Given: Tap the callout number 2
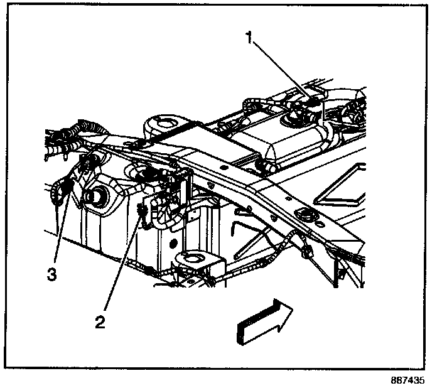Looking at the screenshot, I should point(100,322).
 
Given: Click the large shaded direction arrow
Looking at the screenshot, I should point(264,321).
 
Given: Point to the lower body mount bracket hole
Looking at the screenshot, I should point(192,260).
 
